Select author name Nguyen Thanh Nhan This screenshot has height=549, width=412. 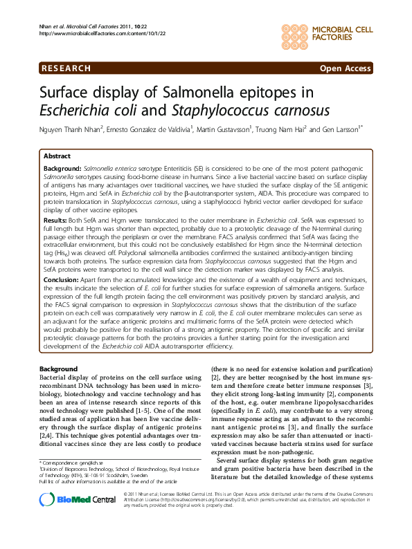click(x=70, y=129)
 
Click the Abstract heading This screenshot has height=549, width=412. click(x=57, y=157)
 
